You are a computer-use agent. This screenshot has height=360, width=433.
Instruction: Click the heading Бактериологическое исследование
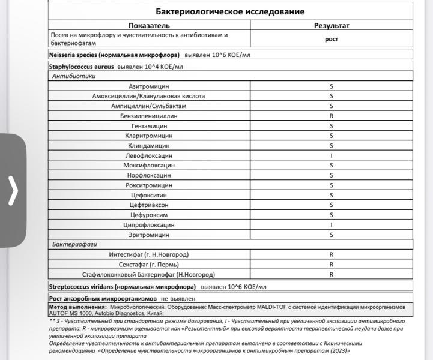coord(230,11)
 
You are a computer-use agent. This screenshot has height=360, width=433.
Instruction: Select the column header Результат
coord(332,26)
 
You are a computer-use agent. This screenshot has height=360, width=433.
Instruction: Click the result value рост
coord(332,39)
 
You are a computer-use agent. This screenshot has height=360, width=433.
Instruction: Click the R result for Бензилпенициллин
coord(332,116)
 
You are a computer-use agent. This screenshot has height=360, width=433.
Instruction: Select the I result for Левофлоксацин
coord(332,155)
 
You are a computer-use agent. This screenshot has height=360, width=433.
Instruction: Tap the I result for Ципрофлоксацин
coord(332,225)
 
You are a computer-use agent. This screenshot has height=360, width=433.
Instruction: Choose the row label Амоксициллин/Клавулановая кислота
coord(148,96)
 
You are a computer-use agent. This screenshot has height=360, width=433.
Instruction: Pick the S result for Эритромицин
coord(332,235)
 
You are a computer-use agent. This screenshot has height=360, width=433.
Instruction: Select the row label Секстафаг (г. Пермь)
coord(149,265)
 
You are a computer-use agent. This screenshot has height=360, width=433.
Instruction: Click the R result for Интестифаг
coord(332,254)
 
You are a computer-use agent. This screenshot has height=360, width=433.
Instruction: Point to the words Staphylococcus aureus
coord(81,67)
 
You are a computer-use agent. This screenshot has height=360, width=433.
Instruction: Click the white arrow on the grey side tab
coord(13,191)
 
